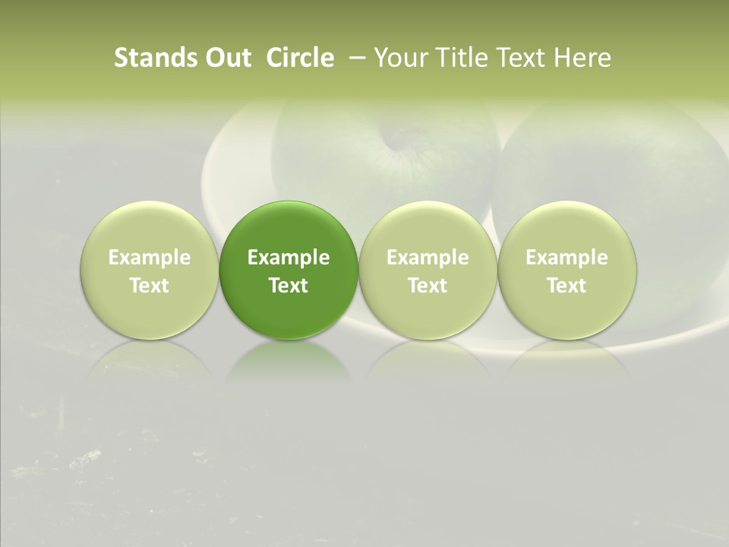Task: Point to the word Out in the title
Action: click(229, 58)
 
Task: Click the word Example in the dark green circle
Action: click(289, 258)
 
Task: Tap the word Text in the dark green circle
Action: click(289, 286)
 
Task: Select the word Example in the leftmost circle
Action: click(149, 258)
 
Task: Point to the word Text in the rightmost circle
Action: click(566, 286)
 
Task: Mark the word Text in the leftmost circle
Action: click(149, 286)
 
